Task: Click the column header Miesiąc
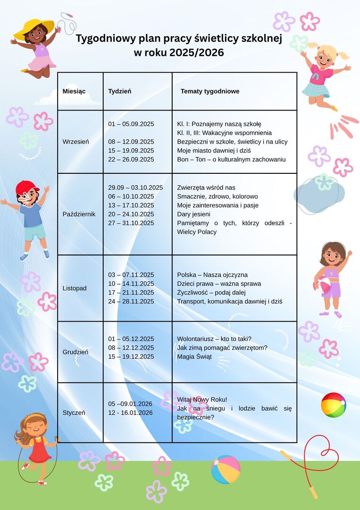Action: click(74, 91)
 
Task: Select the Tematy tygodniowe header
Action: click(209, 91)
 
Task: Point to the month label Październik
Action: click(79, 214)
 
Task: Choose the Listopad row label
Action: click(75, 288)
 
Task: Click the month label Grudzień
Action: click(75, 352)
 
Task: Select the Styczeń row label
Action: click(74, 412)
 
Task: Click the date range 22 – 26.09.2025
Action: click(131, 160)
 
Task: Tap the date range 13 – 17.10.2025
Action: click(131, 205)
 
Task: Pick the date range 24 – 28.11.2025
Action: click(131, 301)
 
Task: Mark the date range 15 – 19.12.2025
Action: click(131, 357)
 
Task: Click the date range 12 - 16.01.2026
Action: click(130, 413)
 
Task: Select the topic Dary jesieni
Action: click(193, 214)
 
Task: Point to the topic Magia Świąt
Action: click(194, 357)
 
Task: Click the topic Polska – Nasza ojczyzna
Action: click(212, 275)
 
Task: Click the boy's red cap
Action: click(26, 187)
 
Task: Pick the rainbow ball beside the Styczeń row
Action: click(333, 405)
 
